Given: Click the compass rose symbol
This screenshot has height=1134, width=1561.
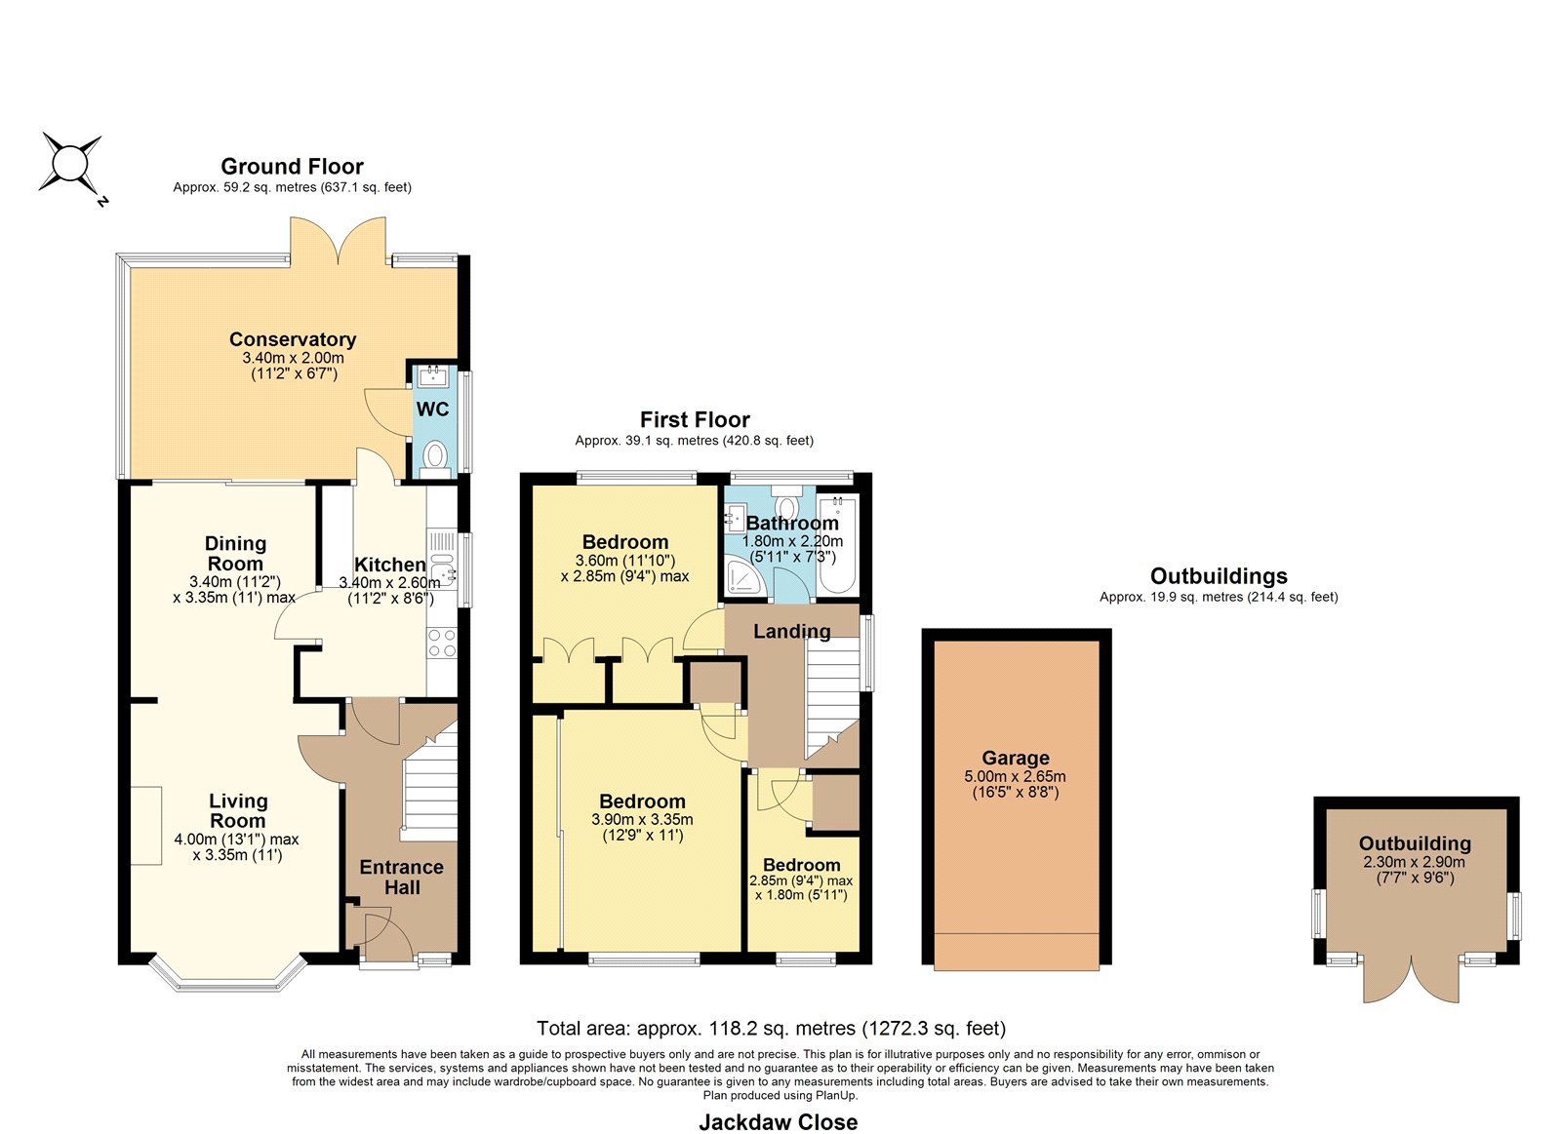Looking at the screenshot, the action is pos(69,165).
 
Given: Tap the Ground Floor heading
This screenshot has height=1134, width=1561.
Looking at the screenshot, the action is pos(292,167).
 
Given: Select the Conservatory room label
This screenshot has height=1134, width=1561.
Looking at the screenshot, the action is pos(293,339).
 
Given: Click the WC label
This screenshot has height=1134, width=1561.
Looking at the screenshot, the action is pos(433,409).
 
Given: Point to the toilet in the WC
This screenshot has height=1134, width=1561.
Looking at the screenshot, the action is pos(435,459).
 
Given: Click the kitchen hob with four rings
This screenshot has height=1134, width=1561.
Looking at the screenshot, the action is pos(442,643).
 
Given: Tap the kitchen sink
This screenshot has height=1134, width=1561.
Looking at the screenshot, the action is pos(443,567).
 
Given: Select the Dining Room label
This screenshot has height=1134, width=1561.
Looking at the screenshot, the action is pos(235,553).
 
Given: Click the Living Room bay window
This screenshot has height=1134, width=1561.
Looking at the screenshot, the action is pos(228,975).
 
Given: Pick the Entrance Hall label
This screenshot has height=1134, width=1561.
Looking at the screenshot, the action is pos(401,877).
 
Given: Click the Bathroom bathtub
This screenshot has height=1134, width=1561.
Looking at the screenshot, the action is pos(837,545).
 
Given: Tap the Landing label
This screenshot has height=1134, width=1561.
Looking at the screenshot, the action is pos(792,631).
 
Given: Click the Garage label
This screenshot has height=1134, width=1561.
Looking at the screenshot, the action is pos(1016,758).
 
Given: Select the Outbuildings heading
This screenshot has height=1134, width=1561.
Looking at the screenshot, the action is pos(1219,576).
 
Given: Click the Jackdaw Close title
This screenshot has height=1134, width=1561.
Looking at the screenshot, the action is pos(779,1121).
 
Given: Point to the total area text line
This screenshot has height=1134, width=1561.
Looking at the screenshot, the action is pos(772,1028).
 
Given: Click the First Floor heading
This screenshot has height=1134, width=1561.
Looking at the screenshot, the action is pos(695,419).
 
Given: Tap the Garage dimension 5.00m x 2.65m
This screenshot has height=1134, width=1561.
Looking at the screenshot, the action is pos(1015,776).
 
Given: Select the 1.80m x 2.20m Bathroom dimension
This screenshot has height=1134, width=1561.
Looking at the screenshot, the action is pos(792,541).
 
